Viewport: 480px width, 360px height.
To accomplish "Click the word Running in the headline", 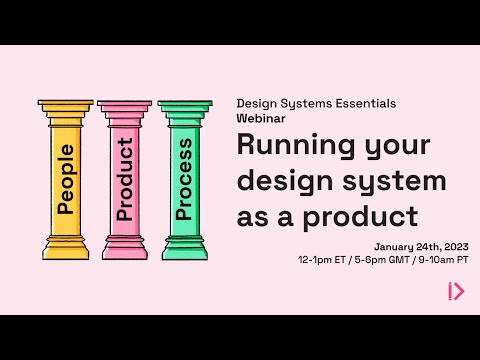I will (x=288, y=145).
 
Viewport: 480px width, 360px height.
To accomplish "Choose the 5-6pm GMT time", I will (x=384, y=260).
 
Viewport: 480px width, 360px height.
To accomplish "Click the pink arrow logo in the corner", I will (x=455, y=291).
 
